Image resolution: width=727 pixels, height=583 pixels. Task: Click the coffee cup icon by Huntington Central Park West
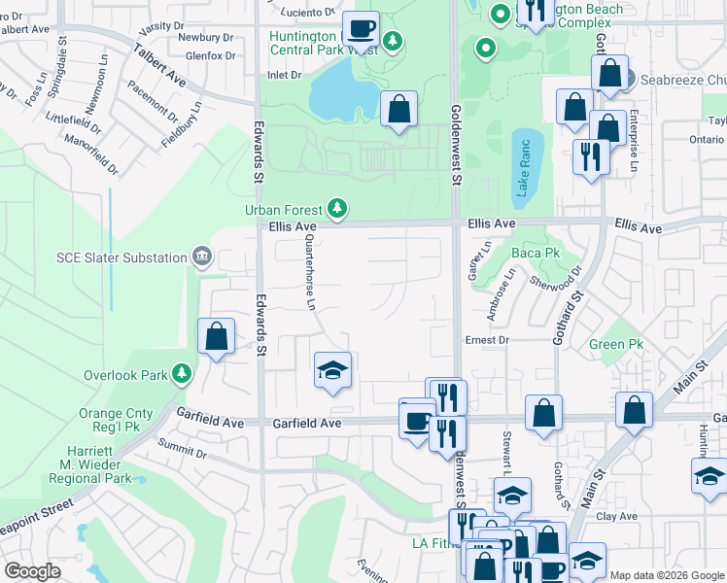[361, 29]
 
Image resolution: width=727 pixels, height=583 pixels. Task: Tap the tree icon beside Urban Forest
[337, 208]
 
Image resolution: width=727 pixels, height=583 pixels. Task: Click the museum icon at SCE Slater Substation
[201, 257]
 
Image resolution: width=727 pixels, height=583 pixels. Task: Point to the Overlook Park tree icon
[181, 373]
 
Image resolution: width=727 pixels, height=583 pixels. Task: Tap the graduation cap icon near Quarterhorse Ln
[331, 370]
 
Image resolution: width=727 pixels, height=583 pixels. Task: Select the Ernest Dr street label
[487, 340]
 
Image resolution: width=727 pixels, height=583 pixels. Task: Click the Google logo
[32, 571]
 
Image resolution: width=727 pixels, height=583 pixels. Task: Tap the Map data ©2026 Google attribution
[667, 575]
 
